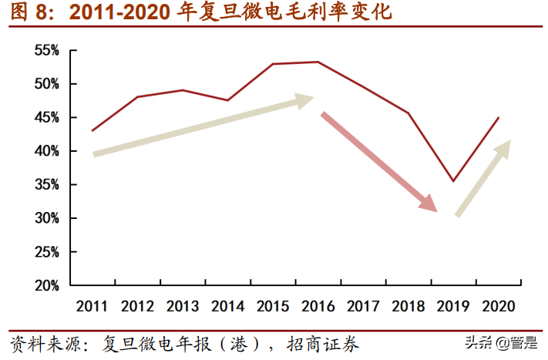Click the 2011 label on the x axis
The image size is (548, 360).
[x=92, y=306]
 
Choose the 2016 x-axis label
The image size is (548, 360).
[x=318, y=306]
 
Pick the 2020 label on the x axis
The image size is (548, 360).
[x=498, y=306]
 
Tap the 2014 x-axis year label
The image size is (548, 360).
[x=227, y=306]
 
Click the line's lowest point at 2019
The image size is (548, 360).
[x=453, y=181]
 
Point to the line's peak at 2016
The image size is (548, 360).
[x=318, y=62]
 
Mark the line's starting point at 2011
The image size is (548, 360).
[x=92, y=131]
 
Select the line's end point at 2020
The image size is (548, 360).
[x=499, y=118]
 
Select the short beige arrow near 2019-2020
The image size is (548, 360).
[x=484, y=177]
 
